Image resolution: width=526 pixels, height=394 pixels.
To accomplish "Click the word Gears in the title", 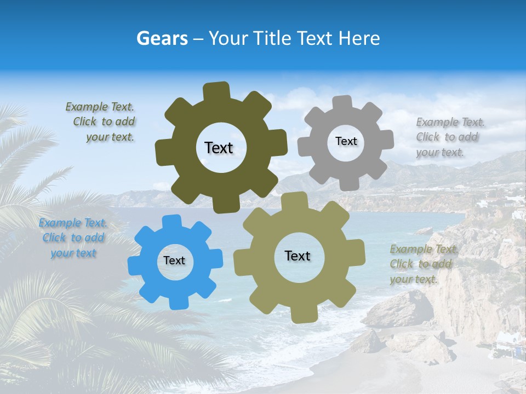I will coord(162,38).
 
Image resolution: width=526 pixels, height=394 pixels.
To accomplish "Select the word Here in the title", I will coord(360,38).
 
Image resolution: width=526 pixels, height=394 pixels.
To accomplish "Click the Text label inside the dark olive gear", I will coord(219,148).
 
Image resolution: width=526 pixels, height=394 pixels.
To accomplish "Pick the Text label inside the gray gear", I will coord(346,141).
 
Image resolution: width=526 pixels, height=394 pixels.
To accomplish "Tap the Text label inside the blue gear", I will coord(174,260).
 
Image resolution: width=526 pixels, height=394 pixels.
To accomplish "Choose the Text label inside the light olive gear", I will coord(298,256).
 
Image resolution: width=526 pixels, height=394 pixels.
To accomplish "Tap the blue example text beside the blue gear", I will coord(73,238).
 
